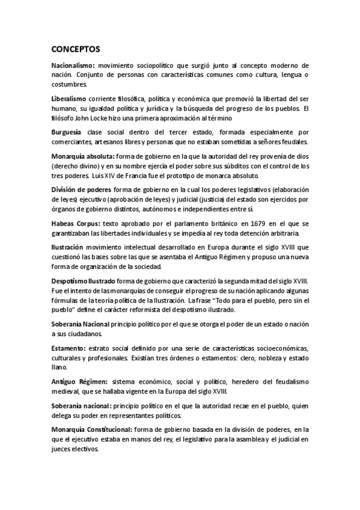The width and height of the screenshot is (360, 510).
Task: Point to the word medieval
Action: (67, 392)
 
